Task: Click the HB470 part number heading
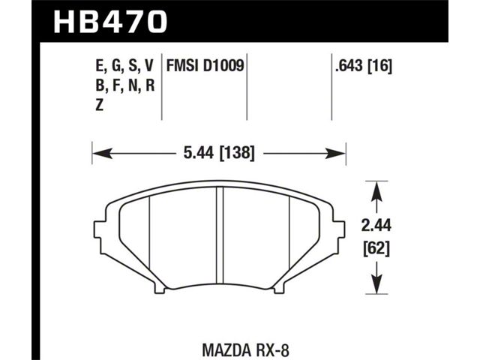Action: coord(110,22)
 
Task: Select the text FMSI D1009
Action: coord(205,66)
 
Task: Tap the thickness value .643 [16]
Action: coord(364,66)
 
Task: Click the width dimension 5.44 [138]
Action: coord(219,153)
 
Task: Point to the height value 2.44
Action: coord(376,226)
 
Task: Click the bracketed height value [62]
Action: coord(376,249)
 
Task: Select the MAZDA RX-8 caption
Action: coord(246,350)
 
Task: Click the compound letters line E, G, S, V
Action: coord(124,67)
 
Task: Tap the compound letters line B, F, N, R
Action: coord(125,85)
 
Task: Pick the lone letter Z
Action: coord(99,105)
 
